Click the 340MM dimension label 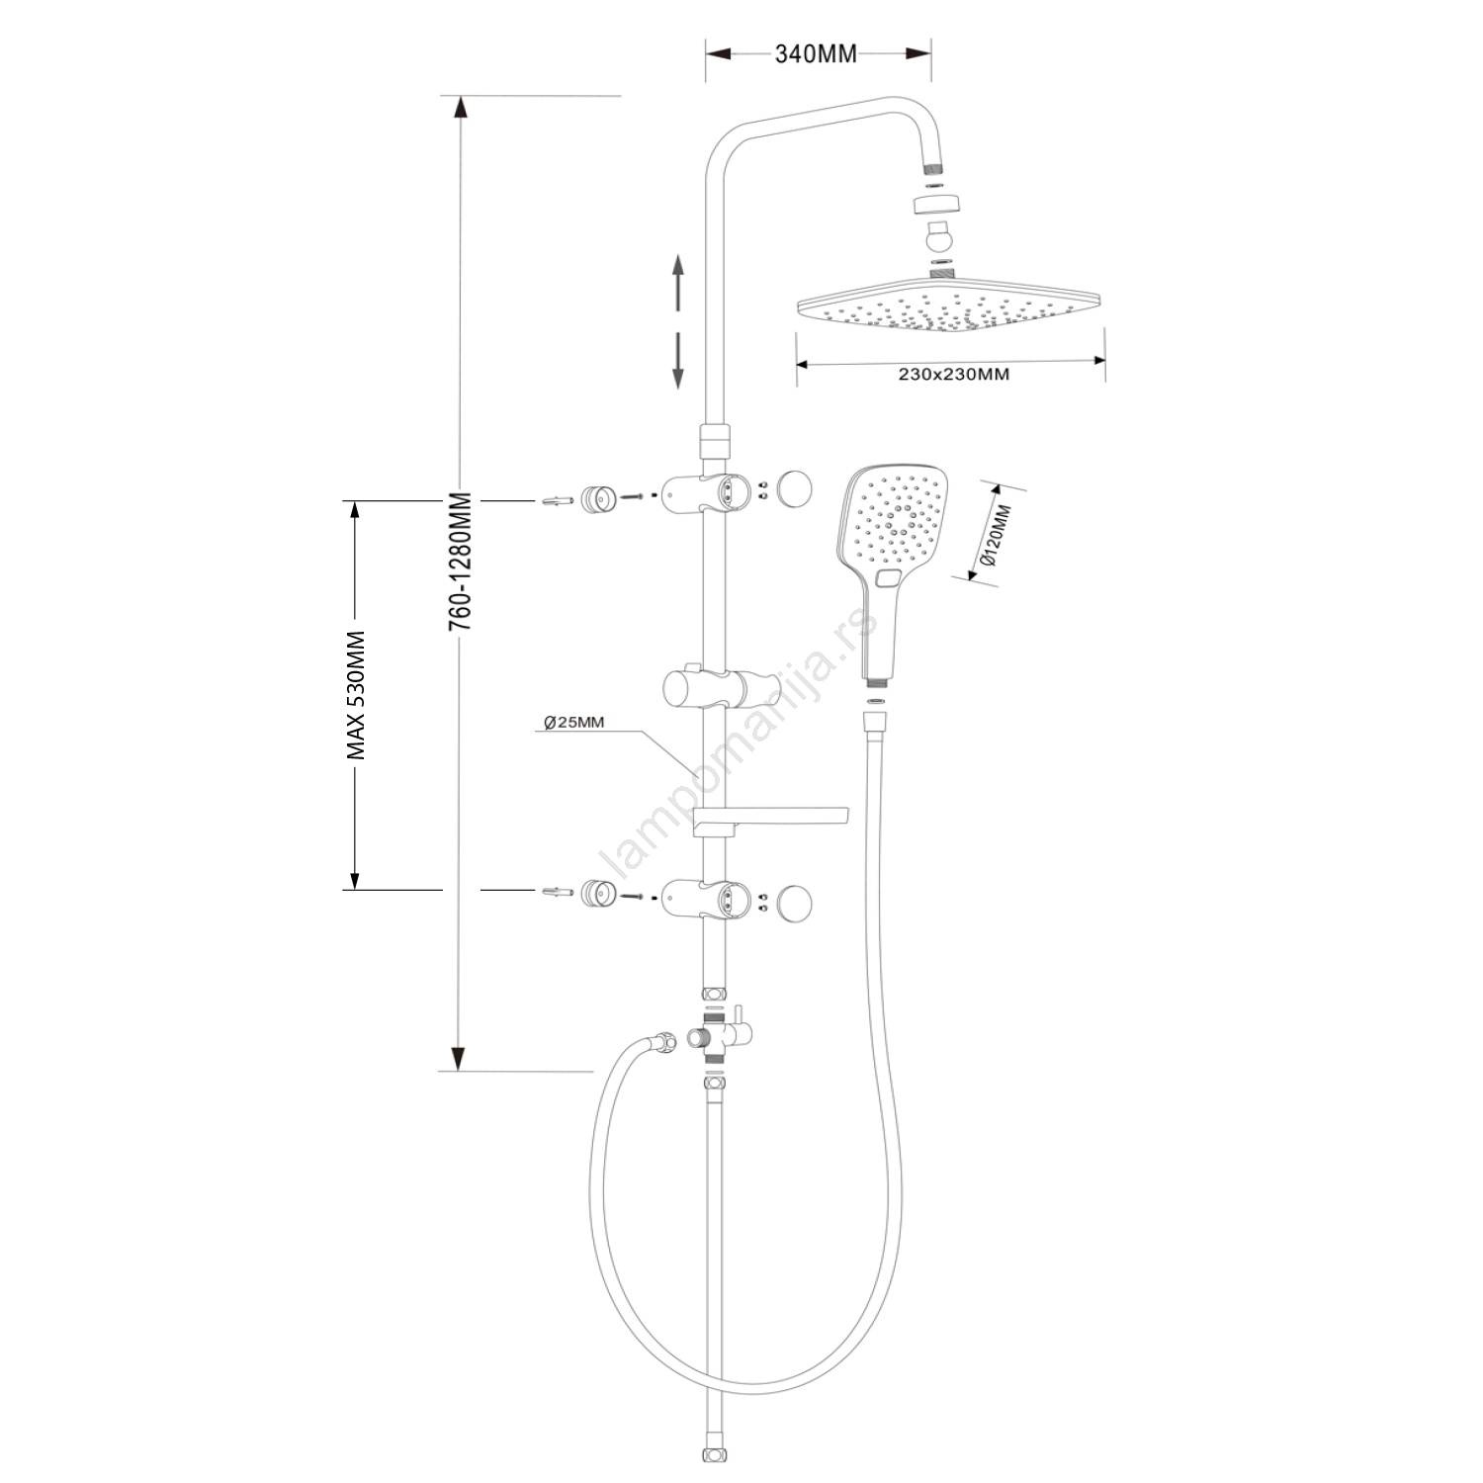coord(816,54)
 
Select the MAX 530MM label coord(357,695)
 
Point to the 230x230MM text coord(954,375)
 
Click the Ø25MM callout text coord(574,722)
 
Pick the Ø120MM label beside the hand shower coord(999,535)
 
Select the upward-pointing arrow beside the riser coord(679,284)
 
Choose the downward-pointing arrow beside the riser coord(679,359)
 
